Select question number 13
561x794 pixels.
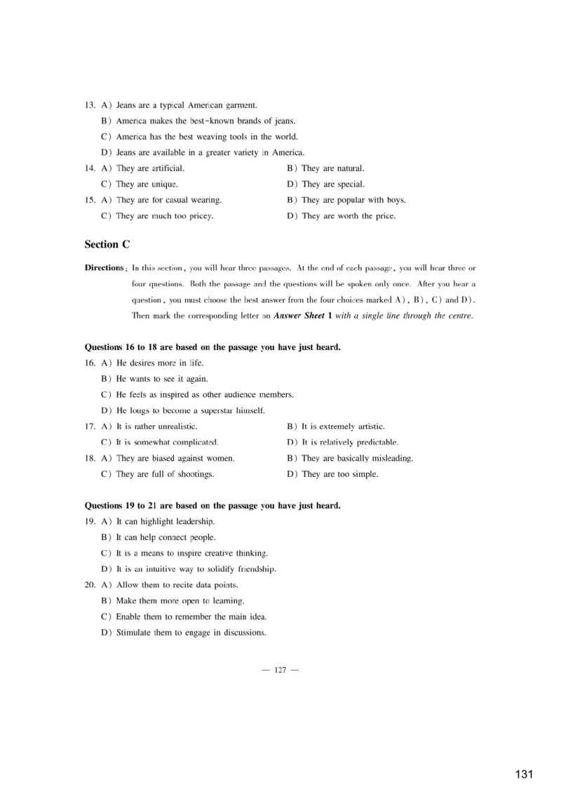[90, 105]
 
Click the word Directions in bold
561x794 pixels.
[104, 268]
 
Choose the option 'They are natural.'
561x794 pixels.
[332, 168]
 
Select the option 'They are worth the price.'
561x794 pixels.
[349, 216]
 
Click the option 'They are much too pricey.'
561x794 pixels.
[165, 216]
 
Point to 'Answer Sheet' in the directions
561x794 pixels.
[299, 316]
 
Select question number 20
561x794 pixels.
[90, 585]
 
